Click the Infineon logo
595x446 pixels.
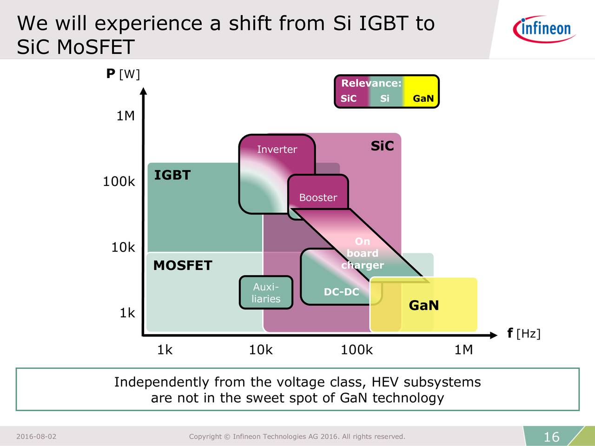[544, 29]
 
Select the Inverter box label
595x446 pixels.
[277, 149]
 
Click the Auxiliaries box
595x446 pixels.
[266, 293]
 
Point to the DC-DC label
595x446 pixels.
[341, 292]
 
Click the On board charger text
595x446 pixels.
[363, 253]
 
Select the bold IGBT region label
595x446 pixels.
[172, 175]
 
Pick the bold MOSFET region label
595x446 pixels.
[183, 265]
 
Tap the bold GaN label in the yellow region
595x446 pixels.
[423, 305]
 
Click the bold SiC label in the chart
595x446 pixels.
[382, 146]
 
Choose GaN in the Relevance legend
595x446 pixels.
[423, 98]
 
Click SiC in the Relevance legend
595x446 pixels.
[348, 98]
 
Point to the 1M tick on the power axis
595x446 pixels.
[126, 116]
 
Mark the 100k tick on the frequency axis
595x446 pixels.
[357, 349]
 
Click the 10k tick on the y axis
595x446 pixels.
[123, 247]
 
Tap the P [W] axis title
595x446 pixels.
[123, 74]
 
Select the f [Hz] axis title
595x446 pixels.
[524, 333]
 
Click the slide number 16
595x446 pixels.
[551, 437]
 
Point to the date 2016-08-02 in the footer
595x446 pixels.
[36, 436]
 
